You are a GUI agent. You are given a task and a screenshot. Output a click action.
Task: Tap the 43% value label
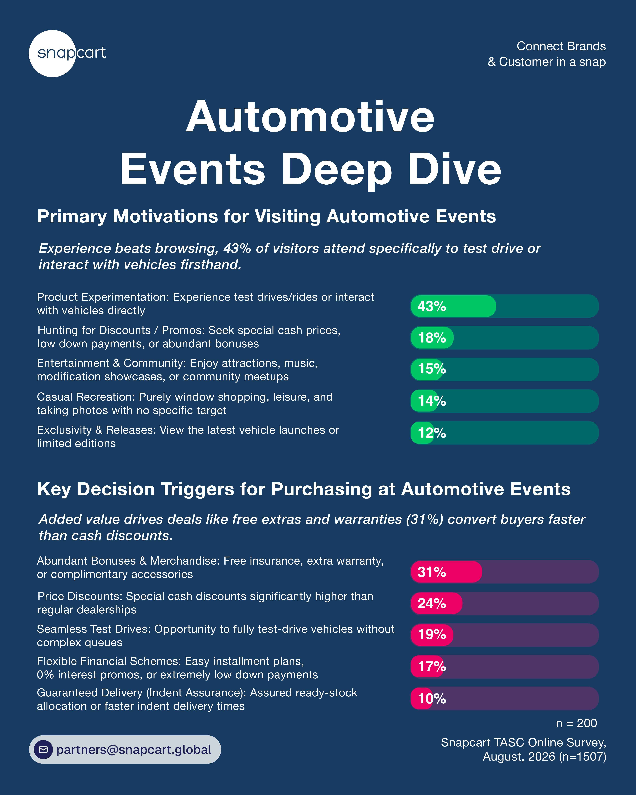(x=432, y=306)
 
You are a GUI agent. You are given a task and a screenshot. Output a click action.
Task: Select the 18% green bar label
(x=432, y=338)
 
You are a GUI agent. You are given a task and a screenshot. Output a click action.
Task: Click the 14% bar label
(x=432, y=401)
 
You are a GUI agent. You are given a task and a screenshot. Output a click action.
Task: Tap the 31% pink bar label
(x=432, y=572)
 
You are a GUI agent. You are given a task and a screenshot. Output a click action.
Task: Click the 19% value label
(x=432, y=635)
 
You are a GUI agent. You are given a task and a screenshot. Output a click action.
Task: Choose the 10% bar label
(x=432, y=698)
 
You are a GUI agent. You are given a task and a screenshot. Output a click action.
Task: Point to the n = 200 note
(x=576, y=723)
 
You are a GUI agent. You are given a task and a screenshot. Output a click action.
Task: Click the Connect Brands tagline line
(x=561, y=46)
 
